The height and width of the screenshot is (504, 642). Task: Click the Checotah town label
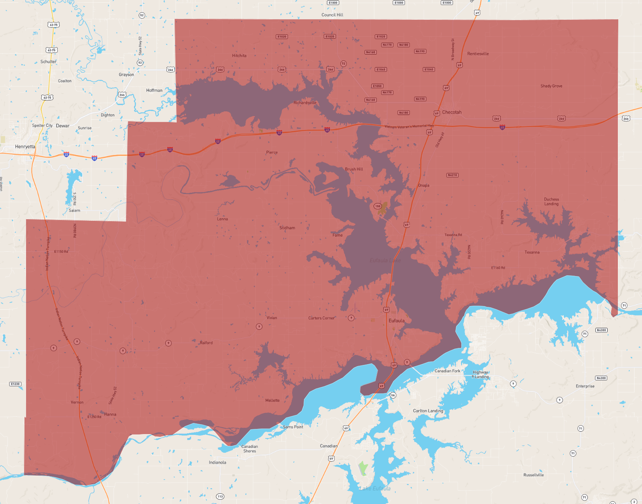tap(451, 112)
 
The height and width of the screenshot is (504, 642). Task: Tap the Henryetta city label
tap(25, 147)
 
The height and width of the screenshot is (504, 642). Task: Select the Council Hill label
tap(332, 15)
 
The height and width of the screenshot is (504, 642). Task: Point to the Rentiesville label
tap(478, 54)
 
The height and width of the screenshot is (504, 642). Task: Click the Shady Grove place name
tap(551, 86)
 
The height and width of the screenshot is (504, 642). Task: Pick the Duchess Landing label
tap(551, 201)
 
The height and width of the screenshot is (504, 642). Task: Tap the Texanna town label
tap(532, 252)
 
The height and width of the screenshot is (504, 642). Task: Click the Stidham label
tap(287, 228)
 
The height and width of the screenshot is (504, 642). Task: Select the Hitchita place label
tap(239, 56)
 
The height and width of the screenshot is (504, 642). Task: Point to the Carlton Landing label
tap(428, 411)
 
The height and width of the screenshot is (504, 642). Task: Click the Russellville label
tap(533, 475)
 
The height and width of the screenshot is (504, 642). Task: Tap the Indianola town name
tap(217, 463)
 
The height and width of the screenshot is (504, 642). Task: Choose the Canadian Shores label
tap(249, 449)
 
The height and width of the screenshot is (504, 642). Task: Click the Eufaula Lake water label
tap(385, 260)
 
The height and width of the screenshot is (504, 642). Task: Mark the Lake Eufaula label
tap(374, 489)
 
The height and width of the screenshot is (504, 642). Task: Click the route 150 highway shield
tap(378, 206)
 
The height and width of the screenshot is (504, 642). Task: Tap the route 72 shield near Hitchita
tap(343, 64)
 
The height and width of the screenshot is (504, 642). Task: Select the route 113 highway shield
tap(220, 496)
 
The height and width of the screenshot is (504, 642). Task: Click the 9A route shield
tap(393, 395)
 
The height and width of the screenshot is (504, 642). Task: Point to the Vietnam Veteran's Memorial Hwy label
tap(409, 126)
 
